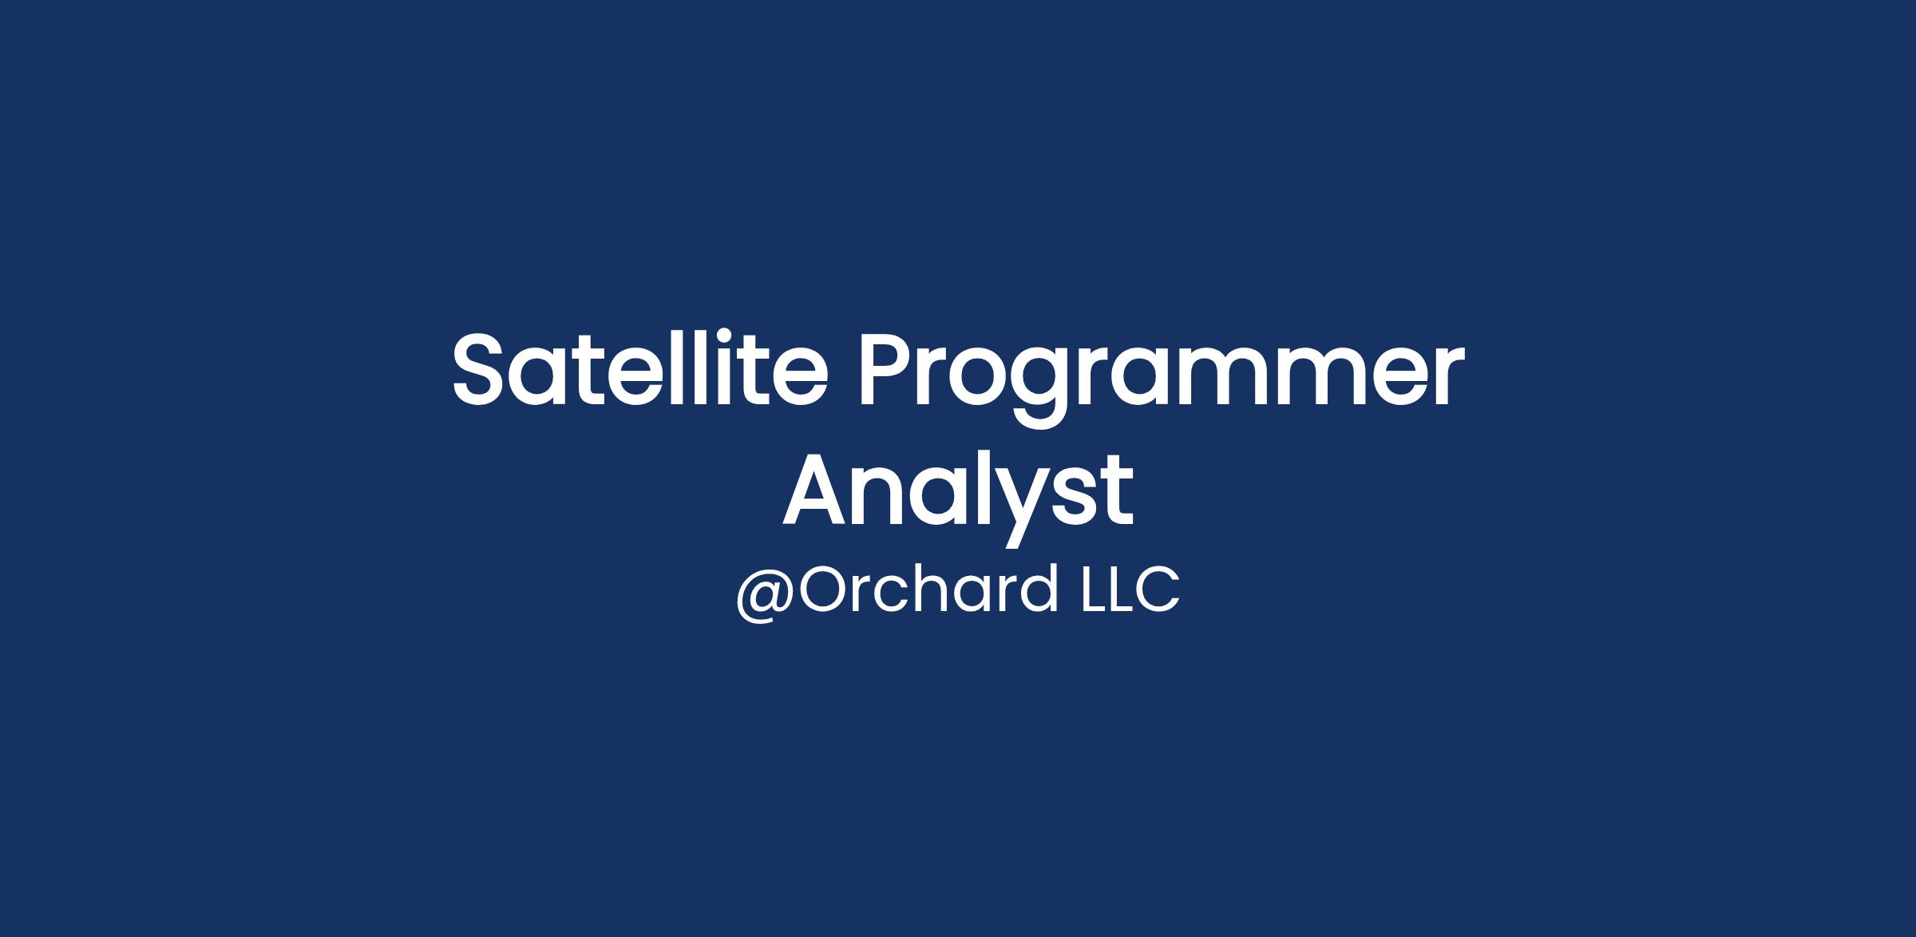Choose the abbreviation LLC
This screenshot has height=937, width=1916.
(x=1130, y=590)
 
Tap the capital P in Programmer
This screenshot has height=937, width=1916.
(x=891, y=369)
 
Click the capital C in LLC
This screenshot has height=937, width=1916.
(x=1157, y=590)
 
